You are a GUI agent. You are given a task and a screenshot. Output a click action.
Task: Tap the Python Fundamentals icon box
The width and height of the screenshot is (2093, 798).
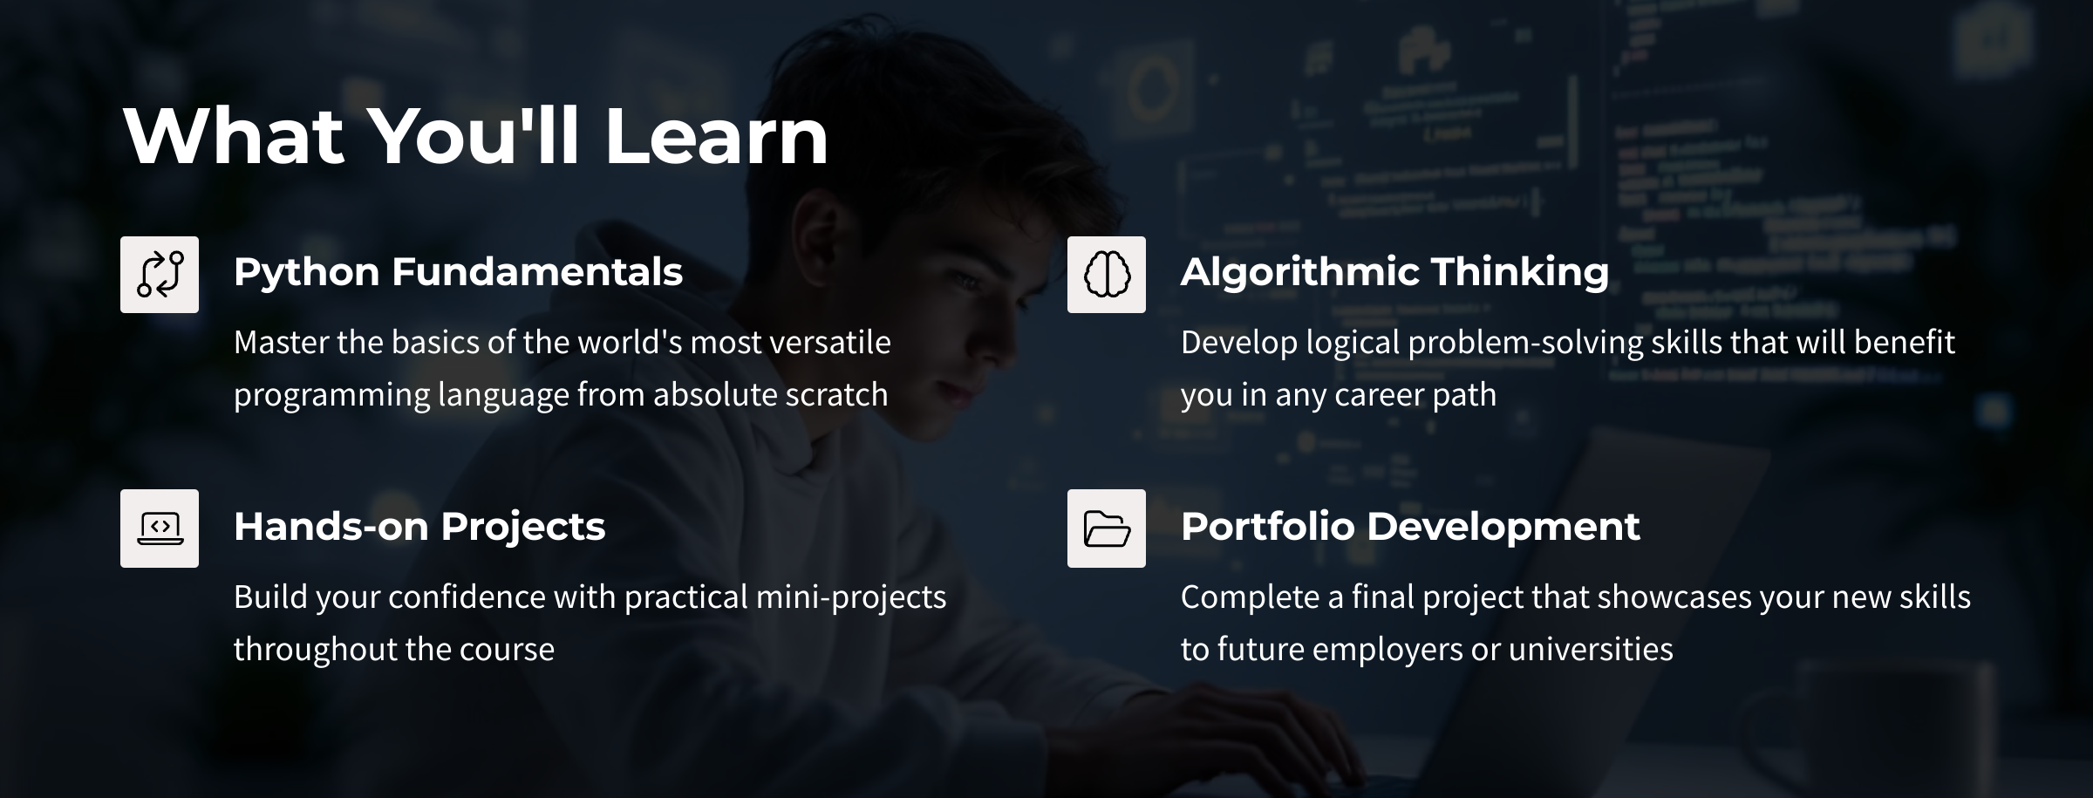coord(160,275)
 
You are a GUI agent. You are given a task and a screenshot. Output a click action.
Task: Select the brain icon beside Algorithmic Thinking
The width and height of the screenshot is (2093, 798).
coord(1107,275)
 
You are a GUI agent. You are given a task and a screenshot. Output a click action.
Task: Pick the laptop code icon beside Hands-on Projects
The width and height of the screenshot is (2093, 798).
coord(160,529)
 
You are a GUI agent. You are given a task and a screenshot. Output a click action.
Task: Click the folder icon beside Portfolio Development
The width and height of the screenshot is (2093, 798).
coord(1107,529)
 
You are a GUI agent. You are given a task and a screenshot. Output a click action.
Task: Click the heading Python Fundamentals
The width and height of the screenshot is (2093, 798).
coord(458,272)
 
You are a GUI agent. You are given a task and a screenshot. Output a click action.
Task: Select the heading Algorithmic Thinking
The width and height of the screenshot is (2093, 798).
coord(1394,272)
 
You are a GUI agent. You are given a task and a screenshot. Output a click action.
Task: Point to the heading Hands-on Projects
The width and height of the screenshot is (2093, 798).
coord(419,527)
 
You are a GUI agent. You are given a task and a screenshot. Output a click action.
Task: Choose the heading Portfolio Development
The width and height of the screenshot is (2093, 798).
coord(1410,527)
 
